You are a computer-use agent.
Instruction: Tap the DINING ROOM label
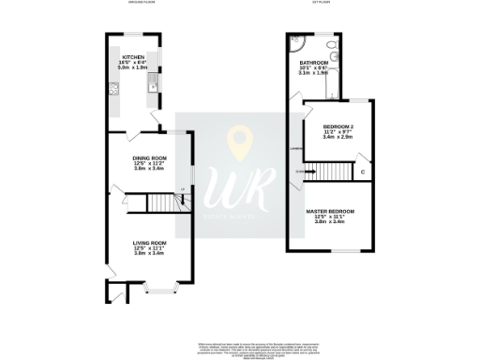[x=149, y=158]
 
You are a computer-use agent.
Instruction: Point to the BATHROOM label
[x=314, y=63]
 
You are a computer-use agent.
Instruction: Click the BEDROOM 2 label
[x=337, y=126]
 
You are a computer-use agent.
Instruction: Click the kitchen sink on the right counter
[x=151, y=89]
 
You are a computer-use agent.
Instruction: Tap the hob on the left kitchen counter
[x=113, y=91]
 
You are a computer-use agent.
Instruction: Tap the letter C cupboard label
[x=362, y=172]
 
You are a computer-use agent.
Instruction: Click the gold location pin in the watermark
[x=242, y=142]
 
